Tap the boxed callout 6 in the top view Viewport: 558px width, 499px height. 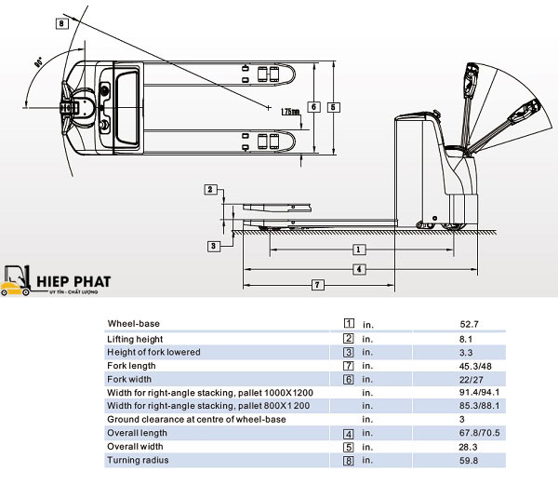(x=313, y=106)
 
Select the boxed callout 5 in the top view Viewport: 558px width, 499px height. (x=334, y=106)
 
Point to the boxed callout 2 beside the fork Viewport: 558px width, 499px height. (x=210, y=190)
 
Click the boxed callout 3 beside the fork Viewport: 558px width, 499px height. (x=213, y=247)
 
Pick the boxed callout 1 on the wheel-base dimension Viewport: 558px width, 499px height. (x=358, y=250)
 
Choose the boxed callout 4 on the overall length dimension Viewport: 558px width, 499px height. (x=358, y=269)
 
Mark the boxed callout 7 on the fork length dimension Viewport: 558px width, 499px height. (x=316, y=284)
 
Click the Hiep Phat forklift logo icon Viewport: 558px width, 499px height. (x=16, y=280)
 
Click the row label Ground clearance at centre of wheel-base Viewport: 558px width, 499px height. (x=196, y=420)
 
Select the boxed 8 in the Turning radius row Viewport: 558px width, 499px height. (x=348, y=461)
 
